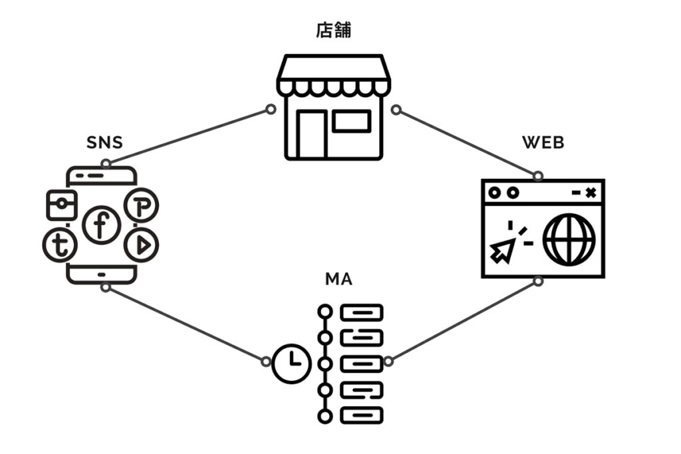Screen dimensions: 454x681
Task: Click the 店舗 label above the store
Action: tap(333, 31)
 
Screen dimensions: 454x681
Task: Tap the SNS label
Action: tap(104, 143)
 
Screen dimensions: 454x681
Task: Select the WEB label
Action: tap(543, 143)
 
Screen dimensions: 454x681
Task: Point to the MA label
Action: tap(339, 280)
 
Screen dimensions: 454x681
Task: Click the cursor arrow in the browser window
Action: tap(503, 250)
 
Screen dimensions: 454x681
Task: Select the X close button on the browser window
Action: tap(591, 192)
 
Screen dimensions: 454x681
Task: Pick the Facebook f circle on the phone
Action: tap(101, 225)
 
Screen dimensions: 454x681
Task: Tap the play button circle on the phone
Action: tap(141, 245)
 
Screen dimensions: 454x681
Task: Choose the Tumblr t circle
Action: tap(60, 245)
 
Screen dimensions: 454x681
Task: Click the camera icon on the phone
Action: tap(61, 205)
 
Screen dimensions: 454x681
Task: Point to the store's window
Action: tap(351, 121)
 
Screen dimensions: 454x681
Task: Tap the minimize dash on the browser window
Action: tap(576, 192)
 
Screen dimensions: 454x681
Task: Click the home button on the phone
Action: tap(101, 274)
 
